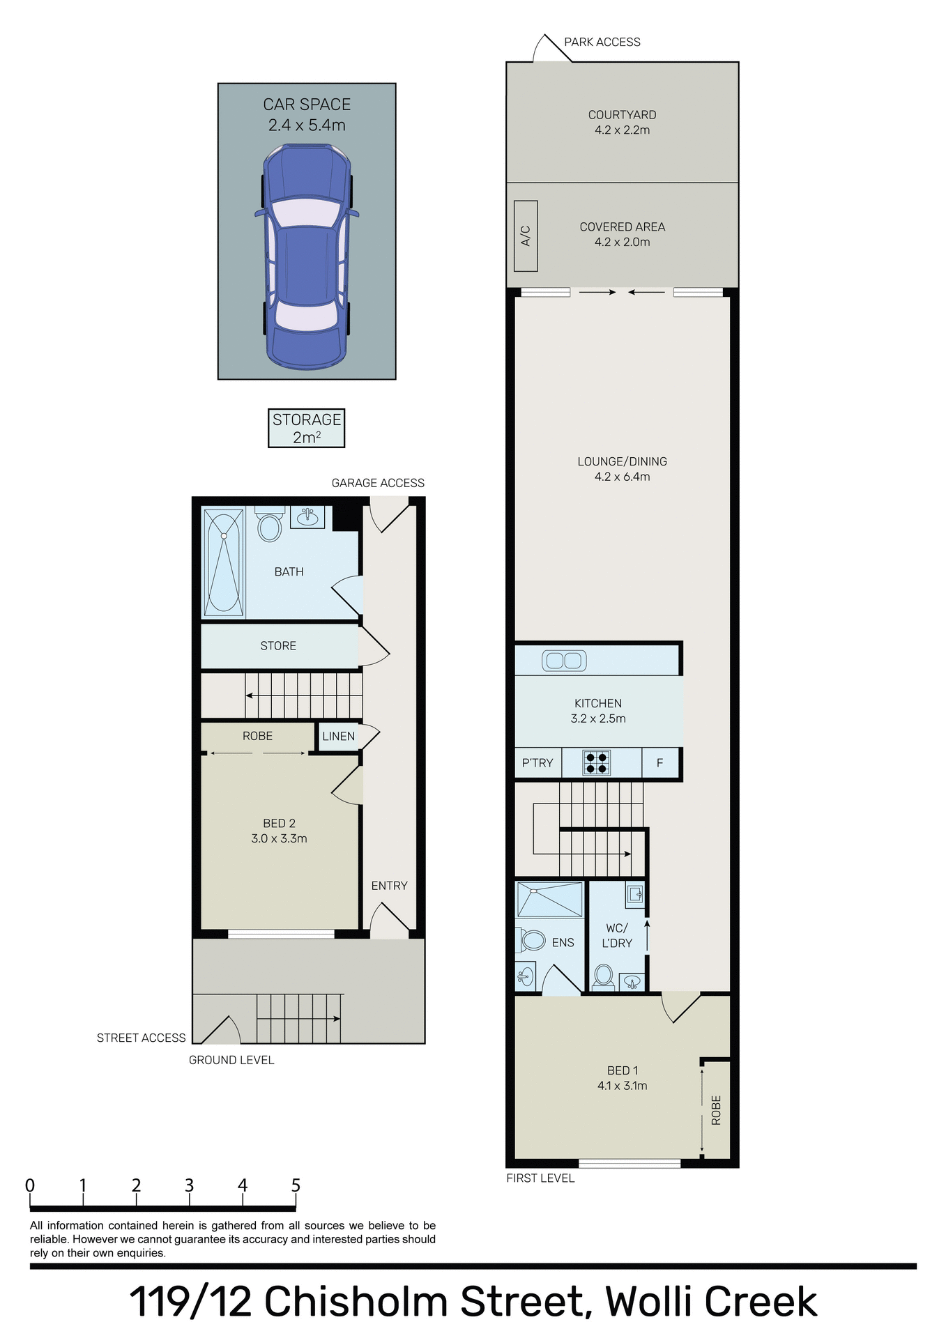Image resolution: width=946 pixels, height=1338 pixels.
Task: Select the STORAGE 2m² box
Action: point(307,428)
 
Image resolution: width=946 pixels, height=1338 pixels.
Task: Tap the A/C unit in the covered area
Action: point(526,236)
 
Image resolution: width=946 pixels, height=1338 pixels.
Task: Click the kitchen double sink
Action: point(564,660)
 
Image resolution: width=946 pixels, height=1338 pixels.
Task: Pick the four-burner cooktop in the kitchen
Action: point(597,762)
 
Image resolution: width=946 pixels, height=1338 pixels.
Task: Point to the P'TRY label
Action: point(537,763)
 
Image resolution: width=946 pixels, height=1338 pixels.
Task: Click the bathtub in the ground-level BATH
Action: point(224,562)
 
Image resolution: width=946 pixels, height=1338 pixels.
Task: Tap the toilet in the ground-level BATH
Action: point(269,526)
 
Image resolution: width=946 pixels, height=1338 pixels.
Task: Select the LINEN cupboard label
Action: point(339,737)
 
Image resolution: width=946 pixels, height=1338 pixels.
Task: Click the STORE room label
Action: point(278,646)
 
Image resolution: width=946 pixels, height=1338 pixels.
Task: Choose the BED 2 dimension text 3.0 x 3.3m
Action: point(279,839)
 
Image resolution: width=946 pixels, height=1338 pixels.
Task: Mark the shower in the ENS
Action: point(549,899)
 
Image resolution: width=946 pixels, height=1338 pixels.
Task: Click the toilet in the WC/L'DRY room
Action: point(604,976)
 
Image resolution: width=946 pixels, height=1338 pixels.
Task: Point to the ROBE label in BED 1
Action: point(716,1110)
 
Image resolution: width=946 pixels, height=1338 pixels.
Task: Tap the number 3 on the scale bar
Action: point(189,1185)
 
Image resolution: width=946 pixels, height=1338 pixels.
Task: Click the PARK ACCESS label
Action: point(602,42)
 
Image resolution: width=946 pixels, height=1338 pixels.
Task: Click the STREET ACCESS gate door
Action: point(219,1030)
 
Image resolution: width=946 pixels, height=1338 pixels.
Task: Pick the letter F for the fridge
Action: point(659,763)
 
